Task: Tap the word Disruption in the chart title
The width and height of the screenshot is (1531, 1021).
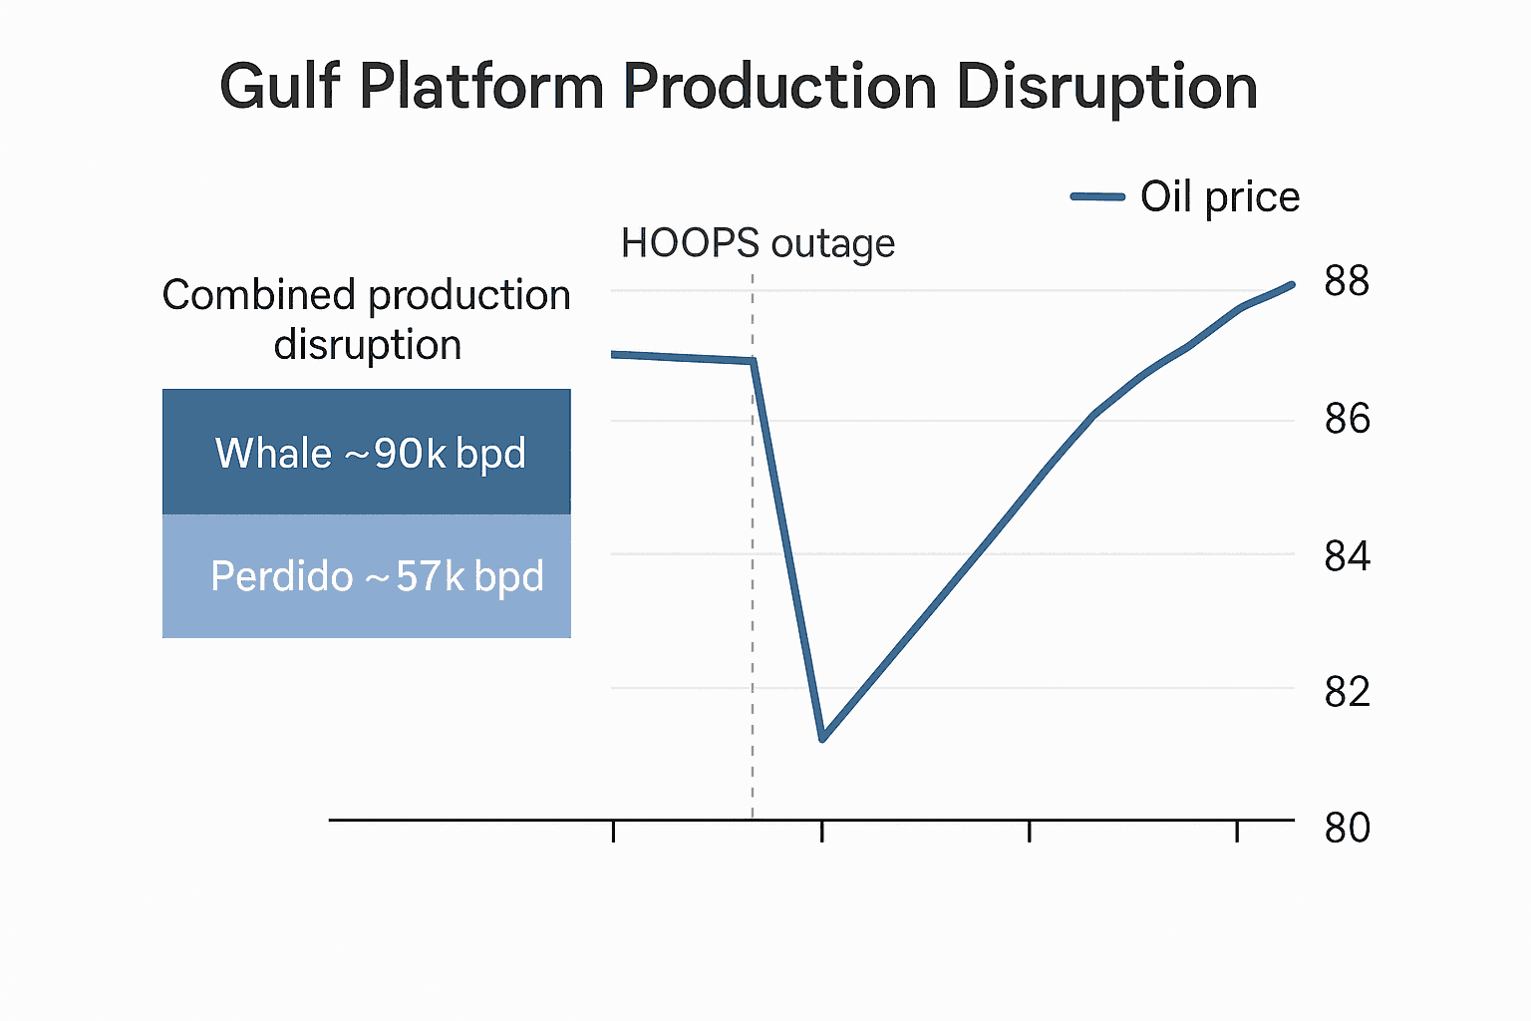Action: point(1106,87)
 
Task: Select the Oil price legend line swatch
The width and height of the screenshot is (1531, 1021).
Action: point(1097,197)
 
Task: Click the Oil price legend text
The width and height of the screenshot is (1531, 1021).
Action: point(1220,197)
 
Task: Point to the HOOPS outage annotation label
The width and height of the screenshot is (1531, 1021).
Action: point(758,243)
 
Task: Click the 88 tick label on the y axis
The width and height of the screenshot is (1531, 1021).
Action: point(1347,280)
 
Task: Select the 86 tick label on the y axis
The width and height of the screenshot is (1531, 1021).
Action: point(1348,419)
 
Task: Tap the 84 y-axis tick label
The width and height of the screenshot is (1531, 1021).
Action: point(1348,556)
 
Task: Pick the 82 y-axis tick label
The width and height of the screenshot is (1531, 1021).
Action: point(1348,692)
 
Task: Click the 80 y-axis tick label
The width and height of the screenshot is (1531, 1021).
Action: point(1348,828)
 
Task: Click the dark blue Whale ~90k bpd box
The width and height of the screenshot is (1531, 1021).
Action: point(367,452)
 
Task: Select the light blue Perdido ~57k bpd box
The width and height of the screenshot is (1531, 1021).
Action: point(367,576)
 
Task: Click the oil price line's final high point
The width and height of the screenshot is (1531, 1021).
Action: point(1292,284)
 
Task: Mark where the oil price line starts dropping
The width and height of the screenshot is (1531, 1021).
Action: point(754,360)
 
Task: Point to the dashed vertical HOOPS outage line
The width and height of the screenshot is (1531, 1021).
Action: point(753,545)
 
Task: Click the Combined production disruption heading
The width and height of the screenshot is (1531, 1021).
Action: point(367,319)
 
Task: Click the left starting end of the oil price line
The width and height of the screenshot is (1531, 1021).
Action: point(612,354)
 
